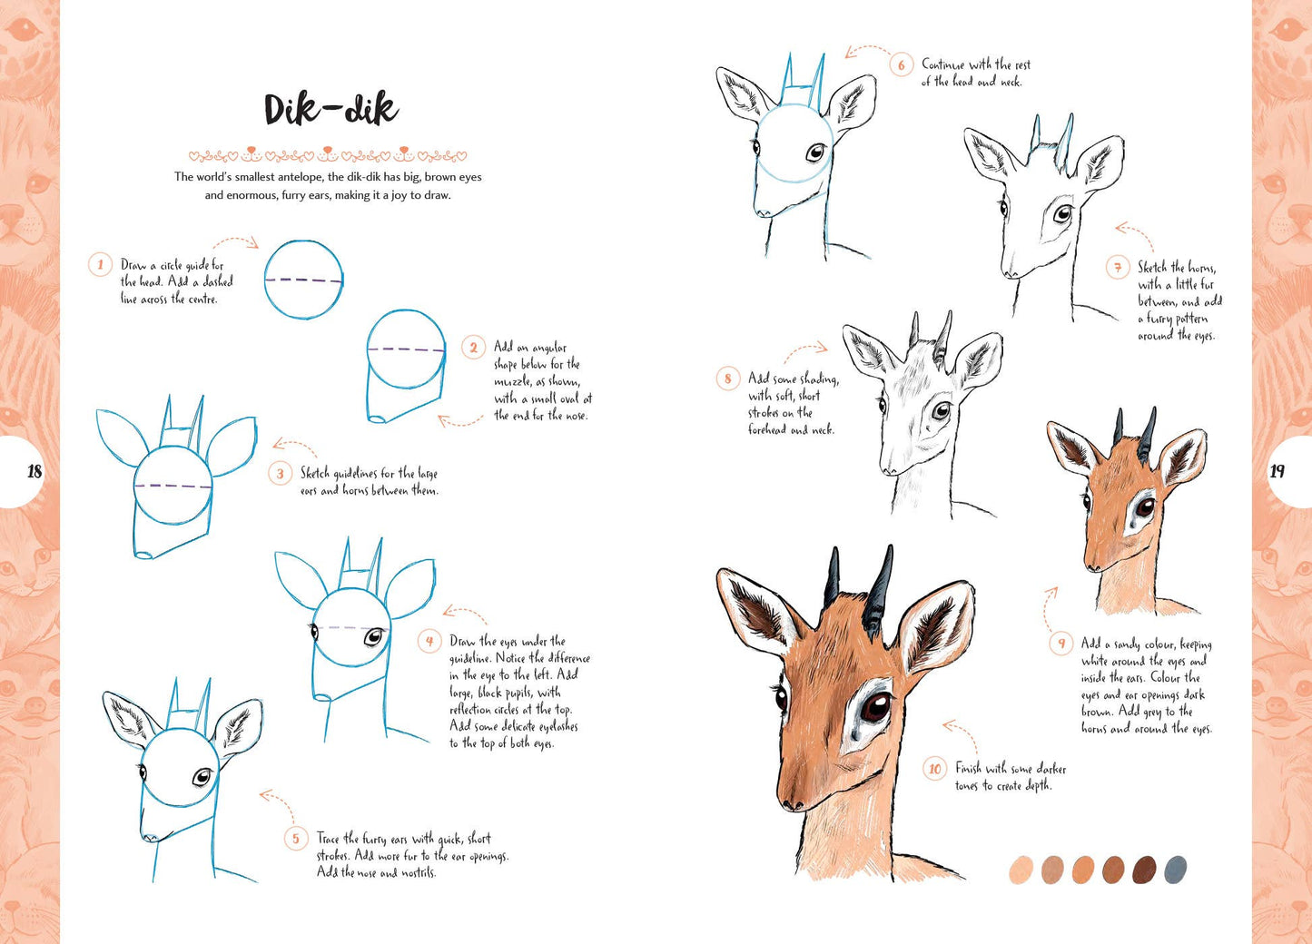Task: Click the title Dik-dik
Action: coord(330,110)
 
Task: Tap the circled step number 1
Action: coord(100,265)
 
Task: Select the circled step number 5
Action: coord(295,839)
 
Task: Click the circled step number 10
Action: coord(935,770)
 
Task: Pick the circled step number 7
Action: coord(1118,267)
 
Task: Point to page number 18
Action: coord(35,471)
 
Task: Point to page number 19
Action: coord(1277,471)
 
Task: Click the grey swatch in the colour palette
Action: coord(1175,870)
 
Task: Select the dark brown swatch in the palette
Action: coord(1144,870)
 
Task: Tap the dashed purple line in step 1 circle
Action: coord(304,280)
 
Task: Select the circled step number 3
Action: coord(280,474)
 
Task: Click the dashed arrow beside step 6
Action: coord(867,51)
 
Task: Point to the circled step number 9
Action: coord(1060,644)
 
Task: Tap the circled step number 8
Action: coord(727,379)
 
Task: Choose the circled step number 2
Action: coord(473,348)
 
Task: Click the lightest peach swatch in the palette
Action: coord(1021,870)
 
